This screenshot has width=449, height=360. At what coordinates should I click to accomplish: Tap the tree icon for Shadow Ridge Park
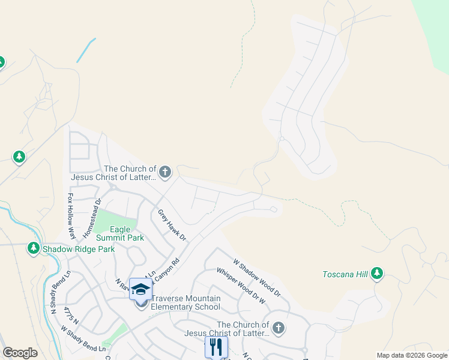pyautogui.click(x=34, y=248)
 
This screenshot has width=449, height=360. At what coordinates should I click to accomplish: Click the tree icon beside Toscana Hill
pyautogui.click(x=377, y=274)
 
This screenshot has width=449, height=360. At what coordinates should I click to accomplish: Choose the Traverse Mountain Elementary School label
pyautogui.click(x=185, y=302)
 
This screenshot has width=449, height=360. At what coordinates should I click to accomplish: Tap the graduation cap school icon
pyautogui.click(x=140, y=289)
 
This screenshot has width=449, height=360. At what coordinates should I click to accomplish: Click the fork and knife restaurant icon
pyautogui.click(x=216, y=347)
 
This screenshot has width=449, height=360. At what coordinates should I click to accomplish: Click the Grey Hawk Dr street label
pyautogui.click(x=172, y=225)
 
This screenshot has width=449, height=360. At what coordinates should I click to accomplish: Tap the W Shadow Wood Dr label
pyautogui.click(x=256, y=278)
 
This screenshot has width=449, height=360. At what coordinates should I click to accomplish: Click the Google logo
pyautogui.click(x=20, y=353)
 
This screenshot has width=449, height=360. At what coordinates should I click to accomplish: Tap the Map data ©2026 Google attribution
pyautogui.click(x=412, y=355)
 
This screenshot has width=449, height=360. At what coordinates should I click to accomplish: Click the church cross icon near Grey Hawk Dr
pyautogui.click(x=165, y=173)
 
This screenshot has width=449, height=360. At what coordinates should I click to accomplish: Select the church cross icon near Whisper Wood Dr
pyautogui.click(x=277, y=328)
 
